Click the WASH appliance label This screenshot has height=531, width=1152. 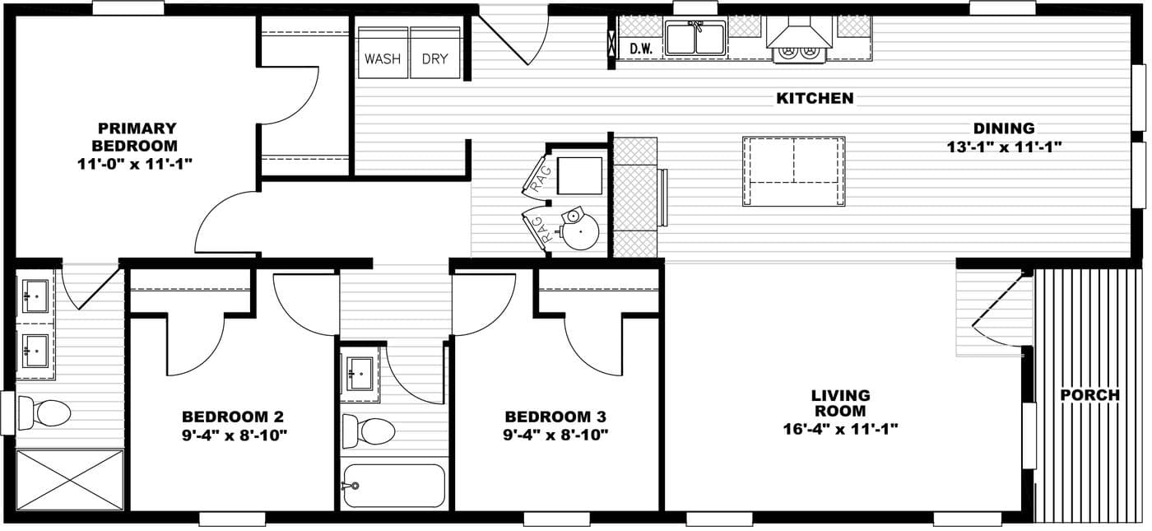tap(383, 59)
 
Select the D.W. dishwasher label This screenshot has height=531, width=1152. tap(641, 49)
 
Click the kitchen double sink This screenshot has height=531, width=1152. tap(695, 39)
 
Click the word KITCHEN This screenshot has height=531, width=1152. tap(815, 99)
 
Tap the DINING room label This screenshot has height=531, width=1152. tap(1003, 128)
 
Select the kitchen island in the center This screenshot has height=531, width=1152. tap(793, 171)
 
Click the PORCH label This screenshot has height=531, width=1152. tap(1089, 395)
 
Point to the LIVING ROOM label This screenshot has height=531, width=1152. tap(840, 403)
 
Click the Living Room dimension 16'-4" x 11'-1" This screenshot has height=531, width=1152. tap(840, 428)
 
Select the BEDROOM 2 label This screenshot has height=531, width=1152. tap(233, 417)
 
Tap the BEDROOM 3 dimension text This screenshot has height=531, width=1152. tap(555, 434)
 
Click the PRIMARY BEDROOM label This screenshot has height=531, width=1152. tap(137, 137)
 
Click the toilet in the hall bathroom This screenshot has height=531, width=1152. tap(369, 430)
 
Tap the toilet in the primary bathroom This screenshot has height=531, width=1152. tap(44, 412)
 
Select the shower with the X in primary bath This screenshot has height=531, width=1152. tap(69, 479)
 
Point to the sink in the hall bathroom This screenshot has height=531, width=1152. tap(359, 374)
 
